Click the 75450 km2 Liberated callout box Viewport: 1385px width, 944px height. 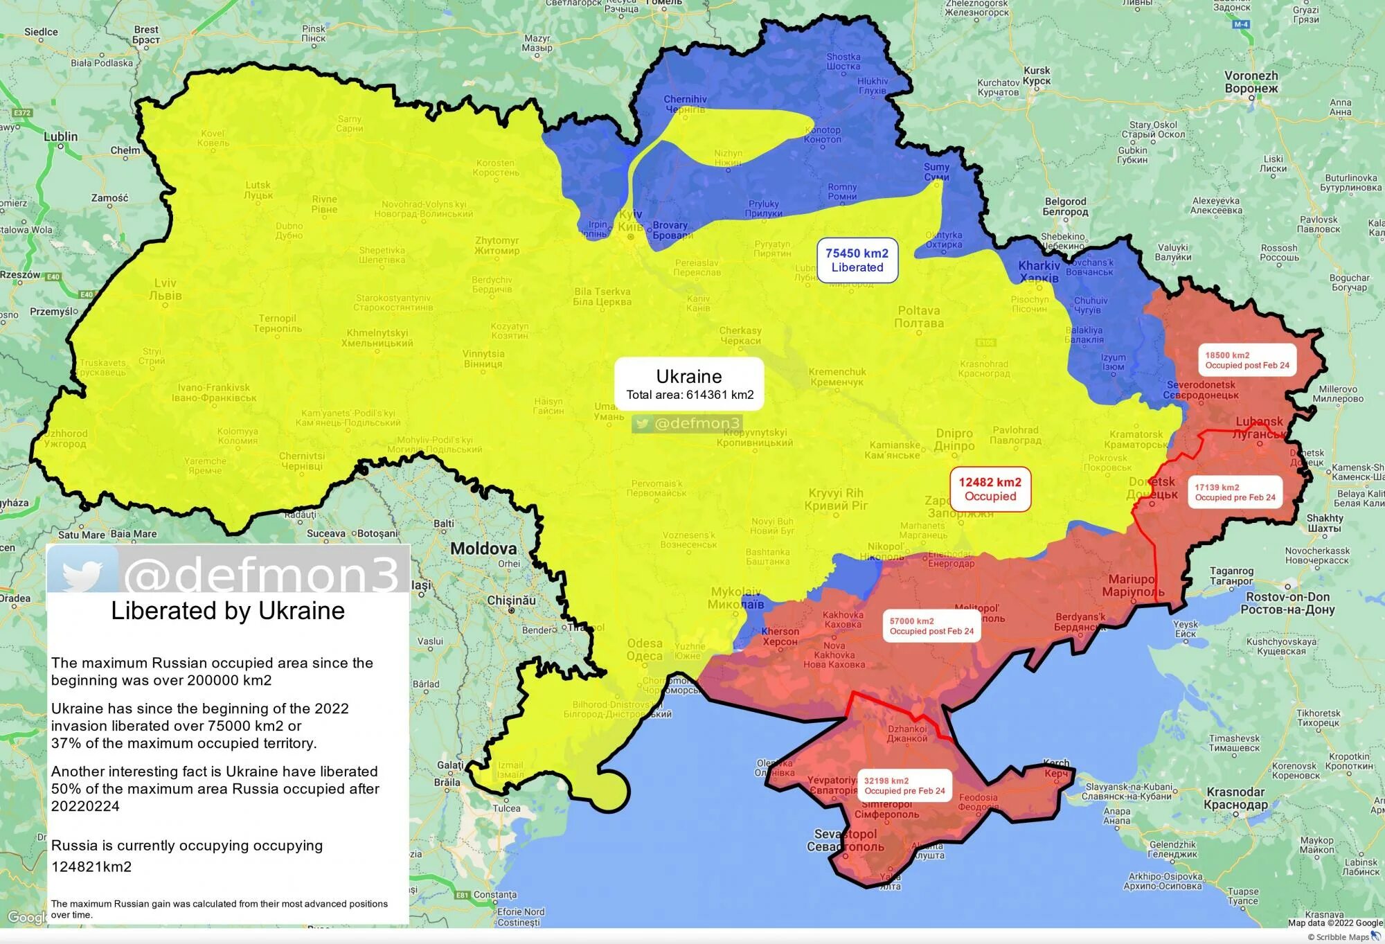point(857,260)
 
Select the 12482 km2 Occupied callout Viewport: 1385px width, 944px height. point(990,489)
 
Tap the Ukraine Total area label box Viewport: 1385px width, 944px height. point(689,384)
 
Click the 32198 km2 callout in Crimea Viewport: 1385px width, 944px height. point(904,785)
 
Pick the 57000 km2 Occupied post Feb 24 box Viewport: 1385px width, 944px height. point(931,626)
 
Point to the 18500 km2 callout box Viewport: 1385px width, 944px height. point(1246,360)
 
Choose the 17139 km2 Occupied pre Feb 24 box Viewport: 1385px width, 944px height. point(1235,492)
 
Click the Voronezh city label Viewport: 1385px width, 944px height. point(1251,82)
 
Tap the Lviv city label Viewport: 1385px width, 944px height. point(166,289)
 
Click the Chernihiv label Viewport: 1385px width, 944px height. point(685,104)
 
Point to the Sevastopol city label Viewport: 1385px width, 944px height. point(845,840)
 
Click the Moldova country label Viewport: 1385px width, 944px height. point(483,549)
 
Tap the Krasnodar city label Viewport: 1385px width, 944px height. point(1235,798)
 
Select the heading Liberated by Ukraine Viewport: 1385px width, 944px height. point(228,611)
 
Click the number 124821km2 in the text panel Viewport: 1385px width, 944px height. point(91,866)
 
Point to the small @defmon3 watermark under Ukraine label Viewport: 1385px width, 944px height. point(688,423)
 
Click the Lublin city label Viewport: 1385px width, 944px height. point(61,136)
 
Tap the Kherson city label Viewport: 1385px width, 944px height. point(780,636)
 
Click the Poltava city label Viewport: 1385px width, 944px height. point(919,317)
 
